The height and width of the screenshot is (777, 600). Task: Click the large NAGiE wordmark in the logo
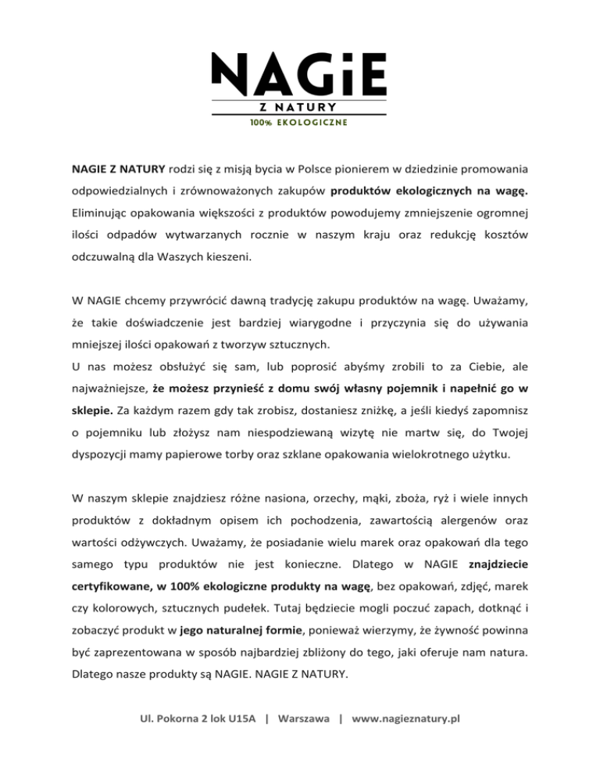point(300,72)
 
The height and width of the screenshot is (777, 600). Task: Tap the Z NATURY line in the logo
point(300,107)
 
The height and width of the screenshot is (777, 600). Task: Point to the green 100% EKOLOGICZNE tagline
point(300,123)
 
